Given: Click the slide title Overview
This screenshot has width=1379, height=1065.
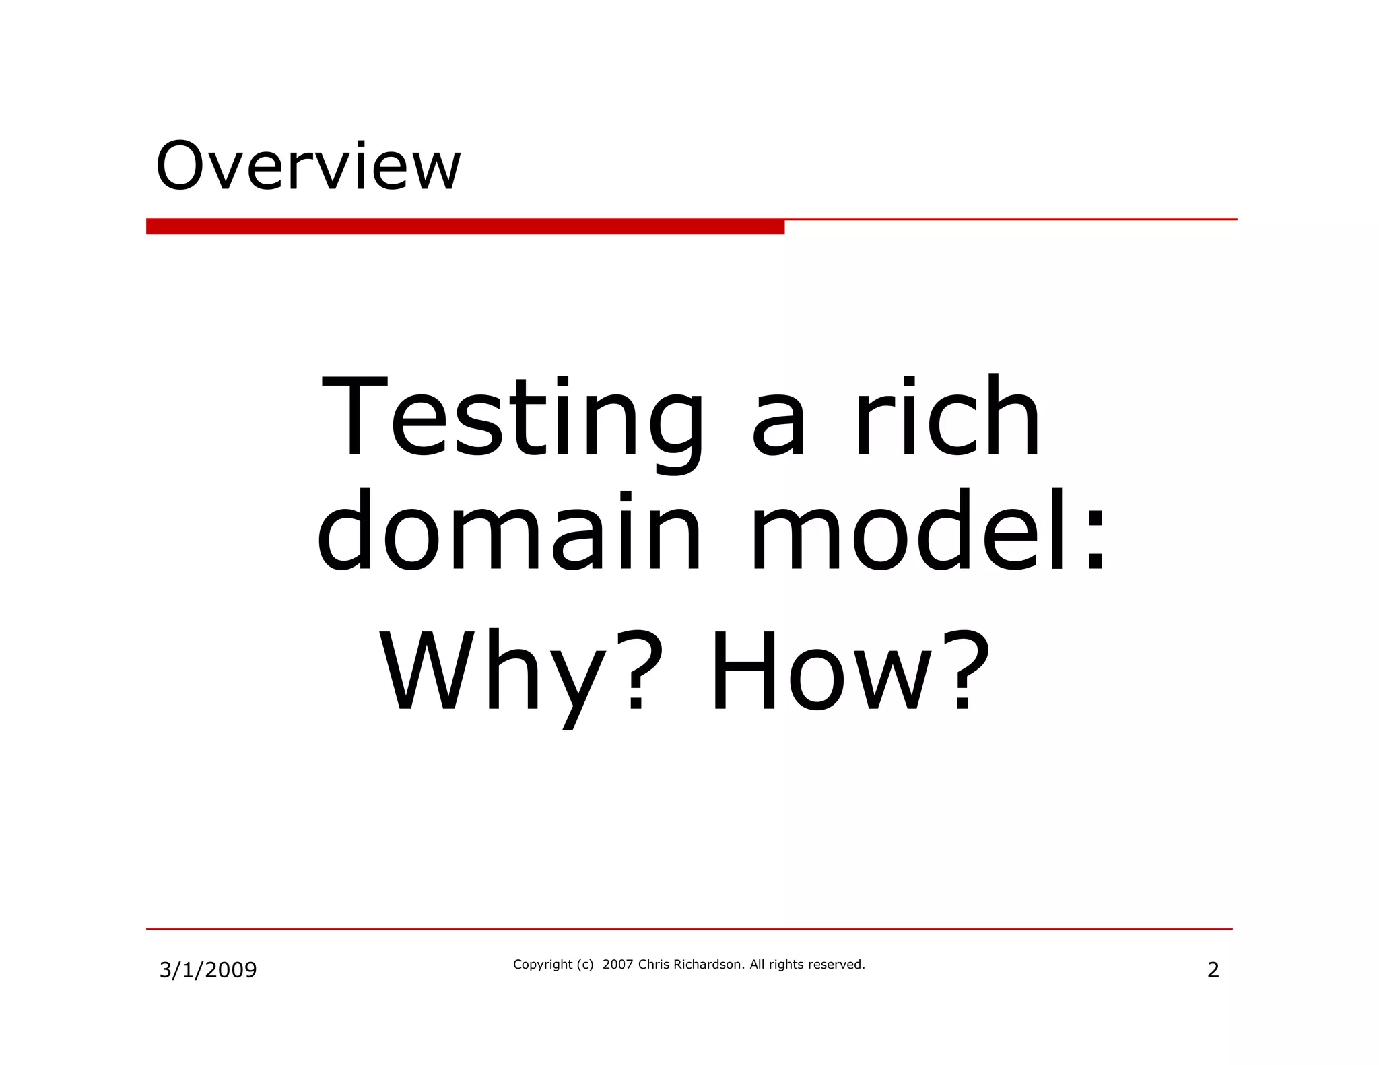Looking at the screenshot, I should [x=308, y=166].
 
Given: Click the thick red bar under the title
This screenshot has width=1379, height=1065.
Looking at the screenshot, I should [x=465, y=227].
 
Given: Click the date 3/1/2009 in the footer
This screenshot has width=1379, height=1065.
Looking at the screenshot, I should [x=208, y=970].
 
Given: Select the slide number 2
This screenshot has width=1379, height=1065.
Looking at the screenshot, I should [x=1213, y=970].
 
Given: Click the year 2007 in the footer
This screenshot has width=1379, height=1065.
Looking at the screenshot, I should [x=617, y=965].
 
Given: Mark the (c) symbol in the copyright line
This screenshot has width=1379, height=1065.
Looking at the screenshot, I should [x=585, y=965].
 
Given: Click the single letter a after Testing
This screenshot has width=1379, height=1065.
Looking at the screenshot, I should [x=778, y=431].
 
